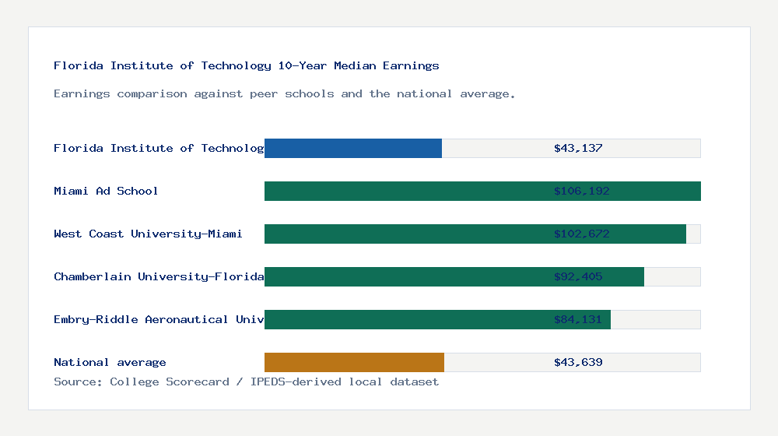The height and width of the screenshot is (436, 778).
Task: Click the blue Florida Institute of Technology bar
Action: click(x=353, y=148)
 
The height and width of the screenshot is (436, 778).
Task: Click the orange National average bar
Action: click(x=354, y=362)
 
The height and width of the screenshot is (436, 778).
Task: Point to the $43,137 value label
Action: click(x=578, y=148)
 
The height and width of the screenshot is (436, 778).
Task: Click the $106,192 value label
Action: click(x=578, y=191)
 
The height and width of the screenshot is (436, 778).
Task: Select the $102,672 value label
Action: click(x=578, y=234)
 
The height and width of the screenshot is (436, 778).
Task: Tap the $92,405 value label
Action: click(x=578, y=276)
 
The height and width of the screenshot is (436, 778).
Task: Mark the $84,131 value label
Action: click(x=578, y=319)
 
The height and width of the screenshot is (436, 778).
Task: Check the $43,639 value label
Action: click(x=578, y=362)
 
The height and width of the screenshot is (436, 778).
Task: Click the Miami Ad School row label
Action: click(x=106, y=191)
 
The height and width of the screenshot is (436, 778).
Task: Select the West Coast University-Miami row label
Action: click(x=148, y=234)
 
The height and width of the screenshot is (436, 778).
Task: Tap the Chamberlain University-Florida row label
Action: click(x=159, y=276)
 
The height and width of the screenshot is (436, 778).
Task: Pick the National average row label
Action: click(x=110, y=362)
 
